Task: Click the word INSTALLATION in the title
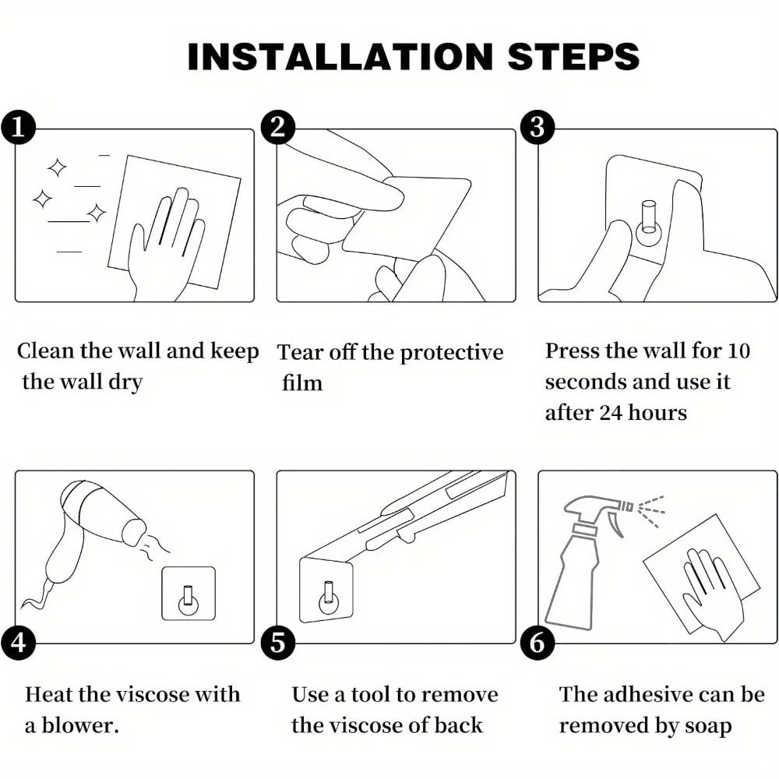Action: pos(340,56)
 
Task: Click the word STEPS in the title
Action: pos(573,56)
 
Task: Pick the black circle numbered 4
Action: pos(18,643)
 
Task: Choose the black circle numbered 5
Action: pos(278,643)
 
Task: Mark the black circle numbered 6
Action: pos(538,643)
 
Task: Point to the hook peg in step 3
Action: pos(649,219)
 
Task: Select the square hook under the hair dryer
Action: pos(189,594)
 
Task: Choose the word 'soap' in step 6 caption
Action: pos(708,726)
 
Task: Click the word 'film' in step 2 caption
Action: pos(302,382)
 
